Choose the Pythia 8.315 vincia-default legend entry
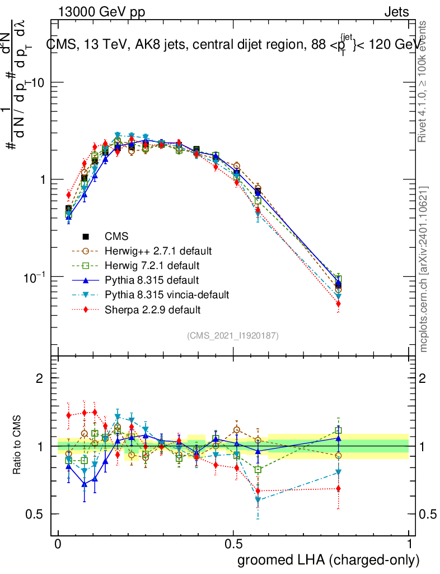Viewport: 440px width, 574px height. pyautogui.click(x=162, y=294)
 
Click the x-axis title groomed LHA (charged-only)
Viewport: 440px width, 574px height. pyautogui.click(x=329, y=560)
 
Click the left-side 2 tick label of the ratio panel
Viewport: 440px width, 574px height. pyautogui.click(x=40, y=378)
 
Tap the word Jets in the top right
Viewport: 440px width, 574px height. pyautogui.click(x=396, y=12)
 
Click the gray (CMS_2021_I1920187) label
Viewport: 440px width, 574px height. pyautogui.click(x=233, y=335)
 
